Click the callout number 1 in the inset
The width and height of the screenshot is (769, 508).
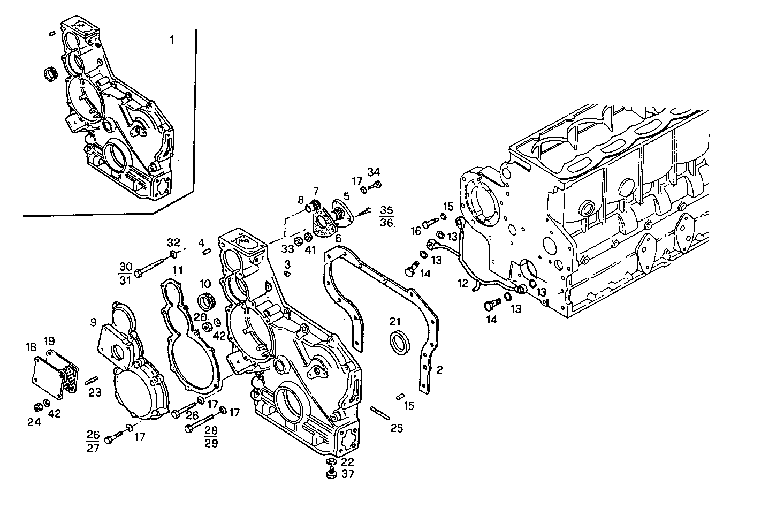coord(172,40)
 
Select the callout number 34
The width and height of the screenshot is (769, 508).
coord(374,172)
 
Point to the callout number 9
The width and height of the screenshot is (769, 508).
coord(93,322)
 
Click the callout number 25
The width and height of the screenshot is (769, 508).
coord(397,428)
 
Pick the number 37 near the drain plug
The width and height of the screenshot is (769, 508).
coord(347,474)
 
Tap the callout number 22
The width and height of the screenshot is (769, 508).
coord(347,462)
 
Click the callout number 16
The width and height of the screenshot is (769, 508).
coord(416,231)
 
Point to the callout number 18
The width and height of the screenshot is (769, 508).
coord(31,347)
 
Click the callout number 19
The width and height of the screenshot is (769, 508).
coord(49,341)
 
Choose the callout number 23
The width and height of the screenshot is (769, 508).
coord(95,393)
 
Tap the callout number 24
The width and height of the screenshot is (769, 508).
coord(34,422)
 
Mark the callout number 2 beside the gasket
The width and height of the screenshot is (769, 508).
coord(439,369)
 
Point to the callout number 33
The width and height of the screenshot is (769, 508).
coord(288,248)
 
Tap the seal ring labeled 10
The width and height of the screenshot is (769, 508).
coord(207,301)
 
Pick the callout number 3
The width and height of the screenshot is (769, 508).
coord(287,264)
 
